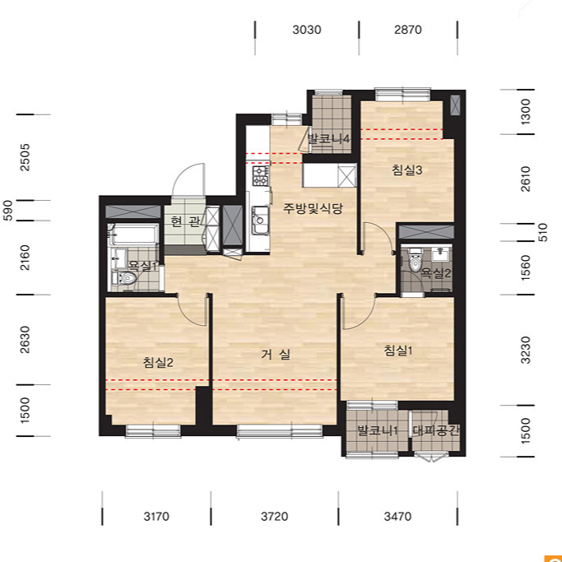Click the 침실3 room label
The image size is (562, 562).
406,170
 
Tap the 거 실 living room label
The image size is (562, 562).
276,355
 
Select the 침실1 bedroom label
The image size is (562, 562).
398,351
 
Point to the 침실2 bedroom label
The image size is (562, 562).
158,362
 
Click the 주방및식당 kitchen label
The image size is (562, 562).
313,208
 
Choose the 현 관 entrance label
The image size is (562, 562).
185,222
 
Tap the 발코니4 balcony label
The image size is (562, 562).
328,139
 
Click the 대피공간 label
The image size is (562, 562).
436,430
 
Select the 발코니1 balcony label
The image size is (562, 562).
378,430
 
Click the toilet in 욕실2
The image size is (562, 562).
416,260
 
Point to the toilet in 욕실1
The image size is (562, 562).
124,278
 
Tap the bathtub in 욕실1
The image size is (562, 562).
133,235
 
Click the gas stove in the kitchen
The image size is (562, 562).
261,176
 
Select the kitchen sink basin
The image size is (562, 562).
260,220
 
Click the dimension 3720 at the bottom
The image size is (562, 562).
275,517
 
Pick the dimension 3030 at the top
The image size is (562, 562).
307,30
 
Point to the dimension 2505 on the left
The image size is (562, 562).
25,157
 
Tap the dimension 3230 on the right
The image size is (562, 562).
525,351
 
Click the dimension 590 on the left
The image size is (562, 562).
7,211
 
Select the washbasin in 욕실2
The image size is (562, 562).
439,254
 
